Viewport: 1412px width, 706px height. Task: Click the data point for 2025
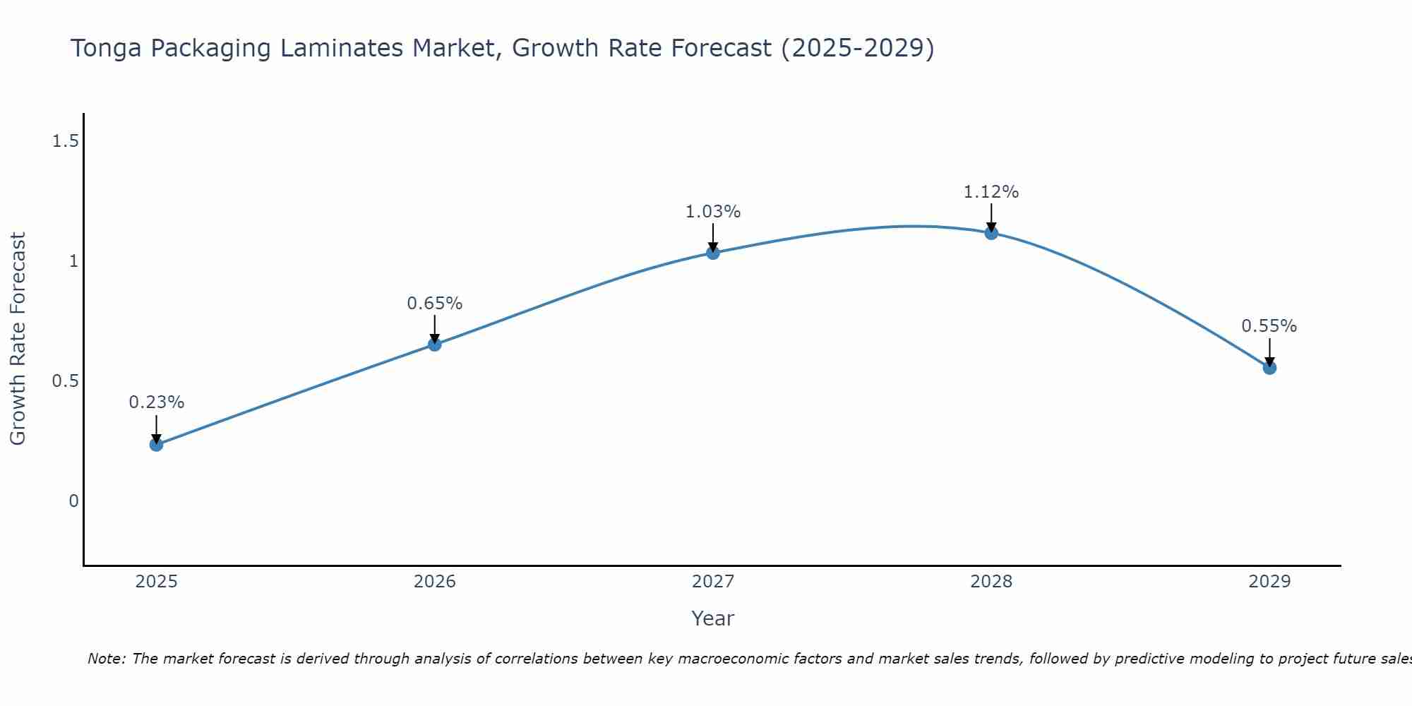156,444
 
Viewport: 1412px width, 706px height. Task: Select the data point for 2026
435,345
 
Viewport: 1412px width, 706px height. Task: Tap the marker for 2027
713,253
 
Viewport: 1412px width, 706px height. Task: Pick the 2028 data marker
991,232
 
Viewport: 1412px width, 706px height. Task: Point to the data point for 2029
1269,367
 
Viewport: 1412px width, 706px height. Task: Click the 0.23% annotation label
156,402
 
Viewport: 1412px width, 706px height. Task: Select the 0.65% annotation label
435,304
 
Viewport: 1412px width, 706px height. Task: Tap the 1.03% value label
713,212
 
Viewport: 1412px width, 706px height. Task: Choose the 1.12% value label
991,192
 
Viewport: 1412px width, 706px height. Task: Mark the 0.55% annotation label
1269,326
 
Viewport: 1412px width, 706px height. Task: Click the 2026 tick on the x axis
435,582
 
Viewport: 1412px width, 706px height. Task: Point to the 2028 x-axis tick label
991,582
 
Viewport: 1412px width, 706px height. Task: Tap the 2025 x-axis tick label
156,582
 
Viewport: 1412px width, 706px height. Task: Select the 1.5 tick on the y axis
65,142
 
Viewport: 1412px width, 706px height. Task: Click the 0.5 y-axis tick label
65,381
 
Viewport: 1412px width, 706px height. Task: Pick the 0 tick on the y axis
73,501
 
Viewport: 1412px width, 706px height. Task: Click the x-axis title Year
713,618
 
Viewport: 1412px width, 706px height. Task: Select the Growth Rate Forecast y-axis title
18,339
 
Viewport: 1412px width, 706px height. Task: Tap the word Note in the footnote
106,659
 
